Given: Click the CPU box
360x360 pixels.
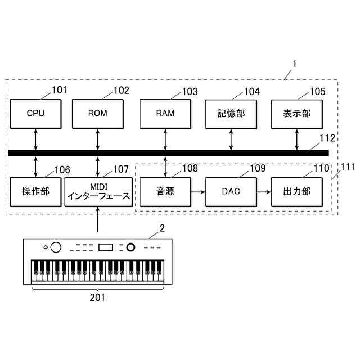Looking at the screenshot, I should (x=35, y=112).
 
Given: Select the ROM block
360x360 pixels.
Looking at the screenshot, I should (x=97, y=112).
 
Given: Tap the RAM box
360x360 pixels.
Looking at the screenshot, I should (x=165, y=112).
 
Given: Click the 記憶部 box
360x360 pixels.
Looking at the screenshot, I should (x=231, y=113).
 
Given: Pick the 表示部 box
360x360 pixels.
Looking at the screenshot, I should (x=297, y=113).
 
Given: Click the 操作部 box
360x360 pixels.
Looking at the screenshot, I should (x=35, y=191).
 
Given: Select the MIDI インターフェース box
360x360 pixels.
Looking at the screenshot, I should (x=98, y=191).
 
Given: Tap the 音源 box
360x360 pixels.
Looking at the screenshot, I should (x=165, y=191).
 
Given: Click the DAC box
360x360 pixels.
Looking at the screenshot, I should (x=231, y=191).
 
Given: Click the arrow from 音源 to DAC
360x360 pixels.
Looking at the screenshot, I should (x=197, y=191).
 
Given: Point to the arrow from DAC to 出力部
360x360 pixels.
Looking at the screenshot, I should (x=264, y=191).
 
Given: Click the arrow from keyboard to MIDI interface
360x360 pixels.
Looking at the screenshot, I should (x=98, y=219).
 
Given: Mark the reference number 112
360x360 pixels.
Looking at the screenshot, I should (x=327, y=138).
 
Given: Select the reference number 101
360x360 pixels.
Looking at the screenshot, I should (x=58, y=90).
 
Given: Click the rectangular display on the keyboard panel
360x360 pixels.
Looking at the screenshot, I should (x=106, y=247).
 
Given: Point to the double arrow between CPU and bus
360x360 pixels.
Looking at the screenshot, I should (x=35, y=139).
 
